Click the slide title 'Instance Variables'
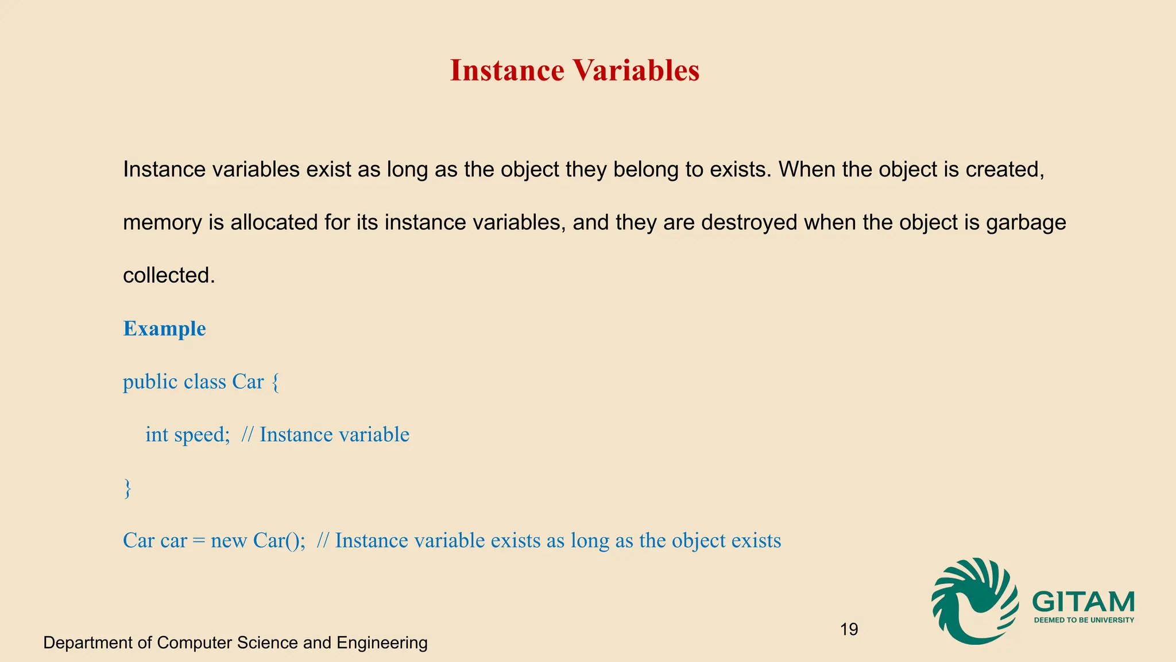pos(574,71)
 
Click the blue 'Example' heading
pos(164,329)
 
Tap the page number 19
pos(849,629)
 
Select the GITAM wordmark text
pos(1083,602)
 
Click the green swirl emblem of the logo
pos(973,601)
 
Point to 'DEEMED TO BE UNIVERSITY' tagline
pos(1084,620)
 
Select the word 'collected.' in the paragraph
pos(169,275)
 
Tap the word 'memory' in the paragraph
pos(163,222)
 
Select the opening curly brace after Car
pos(275,382)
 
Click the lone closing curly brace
pos(127,488)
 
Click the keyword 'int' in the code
pos(157,435)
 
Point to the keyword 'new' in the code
pos(229,541)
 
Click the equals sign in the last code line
pos(199,541)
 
